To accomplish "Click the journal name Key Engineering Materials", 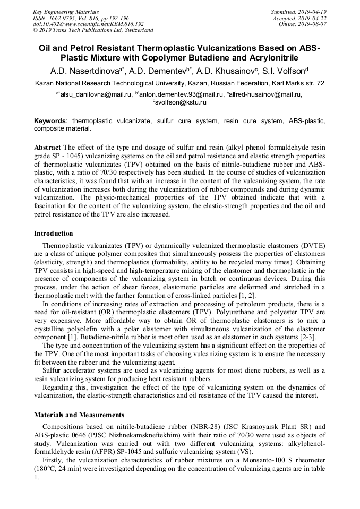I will (x=66, y=11).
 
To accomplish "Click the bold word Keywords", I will (x=50, y=121).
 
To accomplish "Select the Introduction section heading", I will (x=54, y=233).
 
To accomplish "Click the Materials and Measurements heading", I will (x=79, y=415).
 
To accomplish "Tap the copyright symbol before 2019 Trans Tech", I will (x=36, y=30).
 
